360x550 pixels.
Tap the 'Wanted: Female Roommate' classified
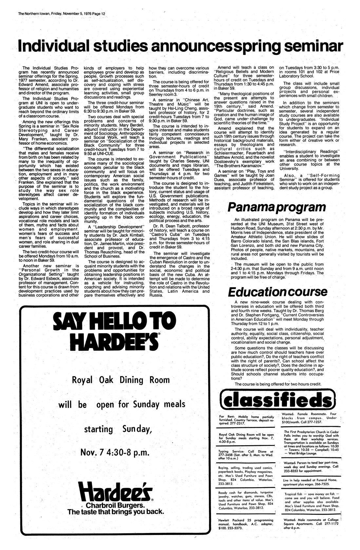(x=309, y=418)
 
